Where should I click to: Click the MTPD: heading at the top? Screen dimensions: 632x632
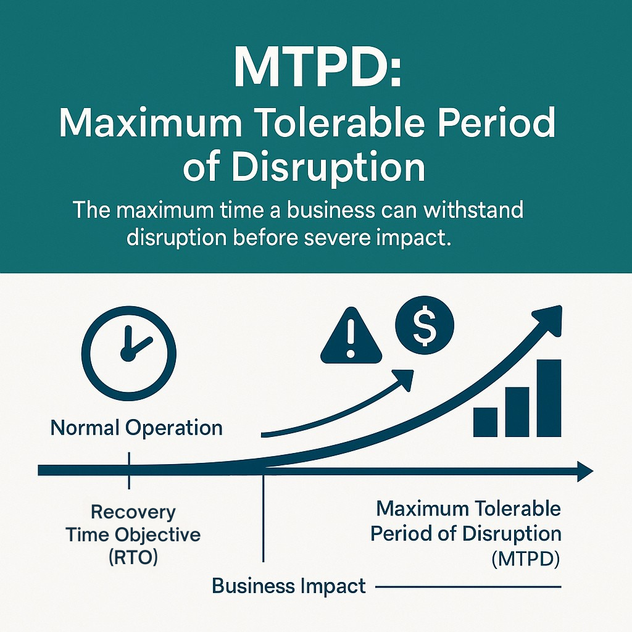coord(318,67)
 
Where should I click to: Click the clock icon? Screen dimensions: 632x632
coord(128,354)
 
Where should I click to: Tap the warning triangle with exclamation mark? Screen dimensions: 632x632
coord(351,336)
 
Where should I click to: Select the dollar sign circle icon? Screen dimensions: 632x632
coord(425,325)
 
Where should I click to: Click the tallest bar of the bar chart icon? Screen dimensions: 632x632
coord(549,398)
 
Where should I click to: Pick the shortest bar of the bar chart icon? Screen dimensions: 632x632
coord(485,422)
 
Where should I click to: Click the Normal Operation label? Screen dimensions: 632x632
coord(136,428)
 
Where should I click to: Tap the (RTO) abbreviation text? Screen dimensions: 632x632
coord(133,557)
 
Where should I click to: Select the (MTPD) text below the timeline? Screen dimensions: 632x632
coord(526,559)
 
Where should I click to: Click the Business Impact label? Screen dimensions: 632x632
coord(289,586)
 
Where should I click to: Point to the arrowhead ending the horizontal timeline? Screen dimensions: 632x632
coord(585,471)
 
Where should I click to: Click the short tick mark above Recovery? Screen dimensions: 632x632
coord(129,470)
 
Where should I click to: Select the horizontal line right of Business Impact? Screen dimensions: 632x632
coord(468,587)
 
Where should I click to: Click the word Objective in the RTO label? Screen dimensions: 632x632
coord(157,535)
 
